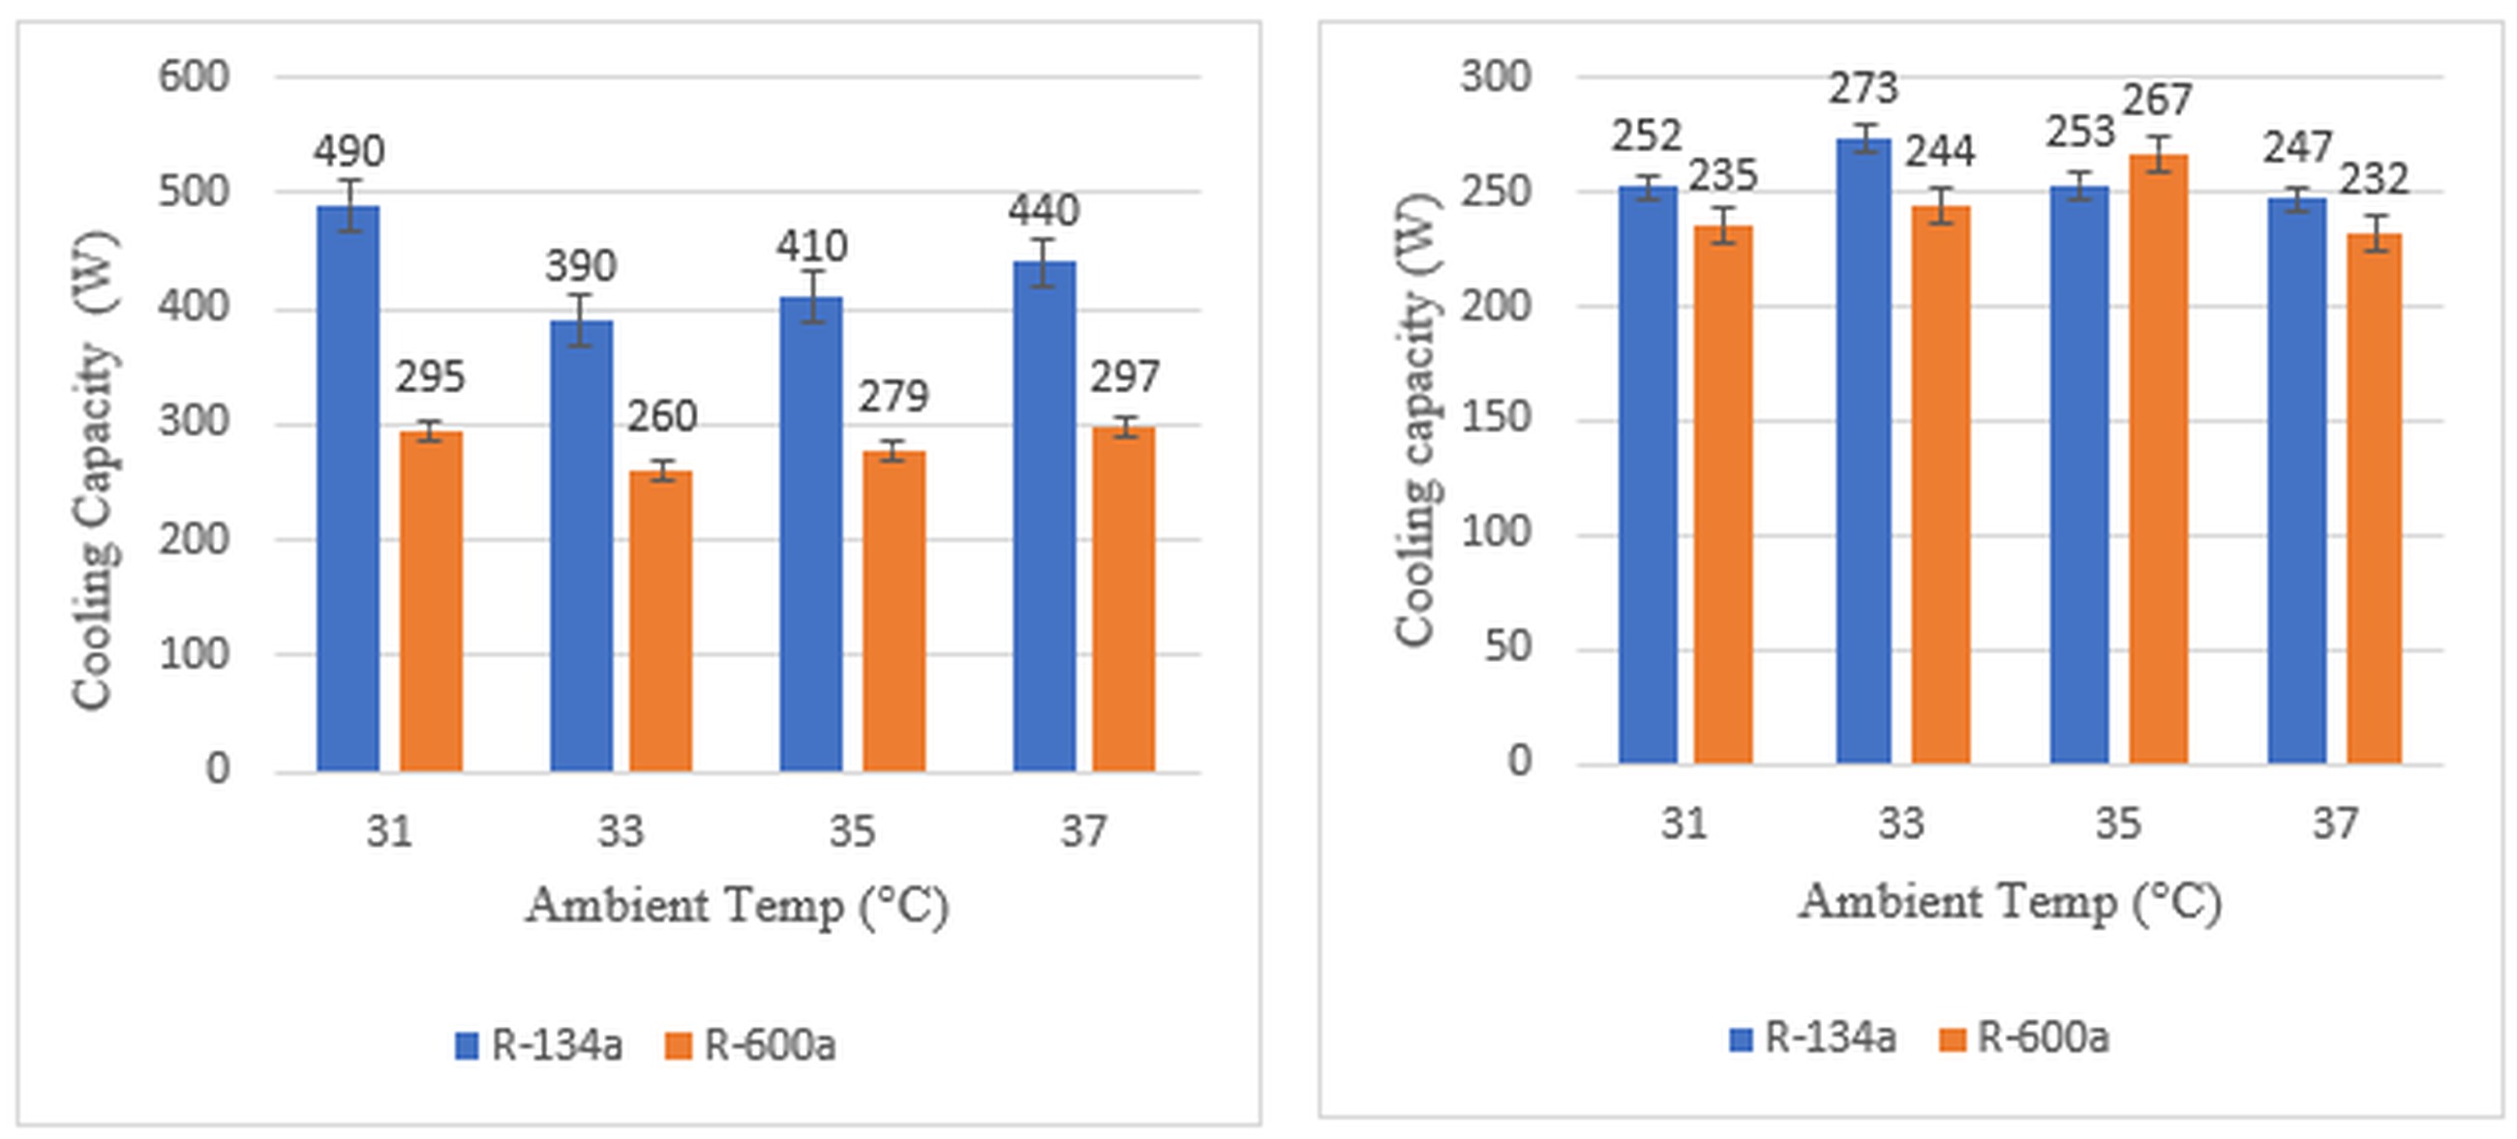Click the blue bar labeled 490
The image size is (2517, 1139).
(x=348, y=489)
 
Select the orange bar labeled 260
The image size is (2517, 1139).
(x=660, y=621)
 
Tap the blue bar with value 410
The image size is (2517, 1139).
(x=811, y=533)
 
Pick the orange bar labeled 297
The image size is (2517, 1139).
(x=1124, y=600)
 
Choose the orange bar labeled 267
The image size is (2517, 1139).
(x=2159, y=459)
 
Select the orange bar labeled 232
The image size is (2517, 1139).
(x=2375, y=498)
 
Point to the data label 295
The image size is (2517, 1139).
(x=430, y=377)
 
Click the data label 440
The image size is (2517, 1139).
(x=1044, y=210)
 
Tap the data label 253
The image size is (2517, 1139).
(x=2081, y=132)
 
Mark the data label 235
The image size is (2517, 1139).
(x=1723, y=176)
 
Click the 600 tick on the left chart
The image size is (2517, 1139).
(x=194, y=76)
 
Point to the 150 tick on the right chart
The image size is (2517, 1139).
(x=1495, y=418)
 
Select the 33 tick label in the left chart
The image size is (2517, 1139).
(x=621, y=831)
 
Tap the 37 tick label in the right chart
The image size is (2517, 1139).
(x=2335, y=824)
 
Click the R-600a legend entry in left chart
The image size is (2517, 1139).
(x=750, y=1045)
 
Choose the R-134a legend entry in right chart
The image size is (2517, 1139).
(x=1811, y=1037)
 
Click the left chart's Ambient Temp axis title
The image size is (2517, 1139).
(x=737, y=906)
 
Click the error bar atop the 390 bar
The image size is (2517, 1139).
(x=582, y=320)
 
